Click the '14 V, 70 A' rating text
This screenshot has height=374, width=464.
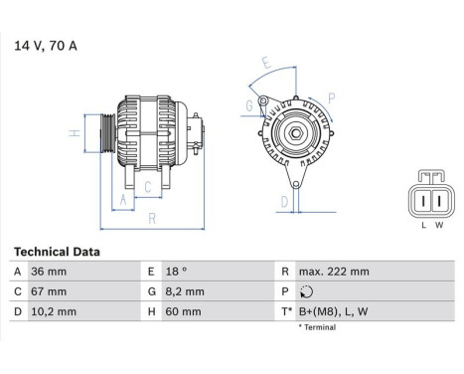pos(46,45)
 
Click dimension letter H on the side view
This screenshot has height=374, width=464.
pos(74,133)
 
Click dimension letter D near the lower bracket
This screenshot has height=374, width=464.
pos(284,201)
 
